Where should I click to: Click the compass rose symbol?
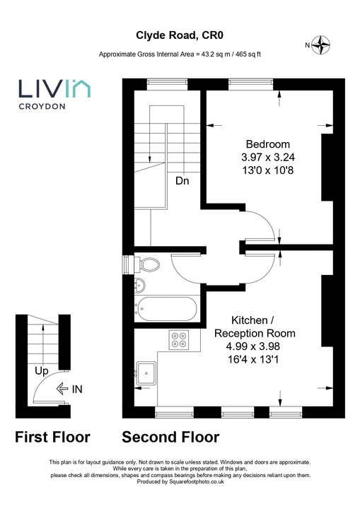323,45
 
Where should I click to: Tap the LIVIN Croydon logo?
53,94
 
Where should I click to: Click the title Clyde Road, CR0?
180,34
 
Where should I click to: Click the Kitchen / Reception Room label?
255,327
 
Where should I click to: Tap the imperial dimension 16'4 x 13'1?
255,359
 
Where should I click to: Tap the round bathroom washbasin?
140,286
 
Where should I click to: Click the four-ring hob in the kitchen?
178,340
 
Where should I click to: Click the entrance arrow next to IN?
62,387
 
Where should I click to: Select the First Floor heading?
52,437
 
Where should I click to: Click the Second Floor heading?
170,437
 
